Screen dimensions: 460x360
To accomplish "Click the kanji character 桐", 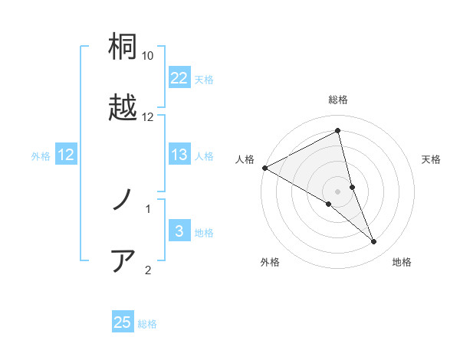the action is click(123, 47).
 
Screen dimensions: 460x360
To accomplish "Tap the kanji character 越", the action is click(123, 107).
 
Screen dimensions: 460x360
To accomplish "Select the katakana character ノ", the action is click(123, 201).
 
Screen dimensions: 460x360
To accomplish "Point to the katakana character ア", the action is click(123, 260).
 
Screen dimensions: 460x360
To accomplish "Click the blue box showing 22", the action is click(179, 78).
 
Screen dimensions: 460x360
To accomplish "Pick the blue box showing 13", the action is click(179, 155).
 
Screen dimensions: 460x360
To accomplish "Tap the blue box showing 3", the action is click(179, 231).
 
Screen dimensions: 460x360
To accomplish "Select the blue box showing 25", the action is click(123, 322).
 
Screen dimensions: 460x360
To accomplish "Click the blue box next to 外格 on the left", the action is click(66, 155).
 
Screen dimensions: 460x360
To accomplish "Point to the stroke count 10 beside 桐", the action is click(148, 56).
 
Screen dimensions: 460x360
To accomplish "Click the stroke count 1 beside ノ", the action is click(148, 208).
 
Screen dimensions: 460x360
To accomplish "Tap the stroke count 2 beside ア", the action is click(148, 269).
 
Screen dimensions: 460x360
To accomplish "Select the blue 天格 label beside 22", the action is click(204, 79).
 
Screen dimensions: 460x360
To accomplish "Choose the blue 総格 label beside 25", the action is click(147, 323).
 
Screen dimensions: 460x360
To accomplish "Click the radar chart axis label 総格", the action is click(338, 100).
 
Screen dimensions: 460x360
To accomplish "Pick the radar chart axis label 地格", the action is click(402, 262).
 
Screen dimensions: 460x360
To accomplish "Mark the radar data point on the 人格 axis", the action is click(264, 168).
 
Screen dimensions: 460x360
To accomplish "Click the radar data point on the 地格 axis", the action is click(374, 241).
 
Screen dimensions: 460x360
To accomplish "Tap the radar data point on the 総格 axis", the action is click(338, 131).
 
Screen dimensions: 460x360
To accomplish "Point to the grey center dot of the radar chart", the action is click(338, 191).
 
